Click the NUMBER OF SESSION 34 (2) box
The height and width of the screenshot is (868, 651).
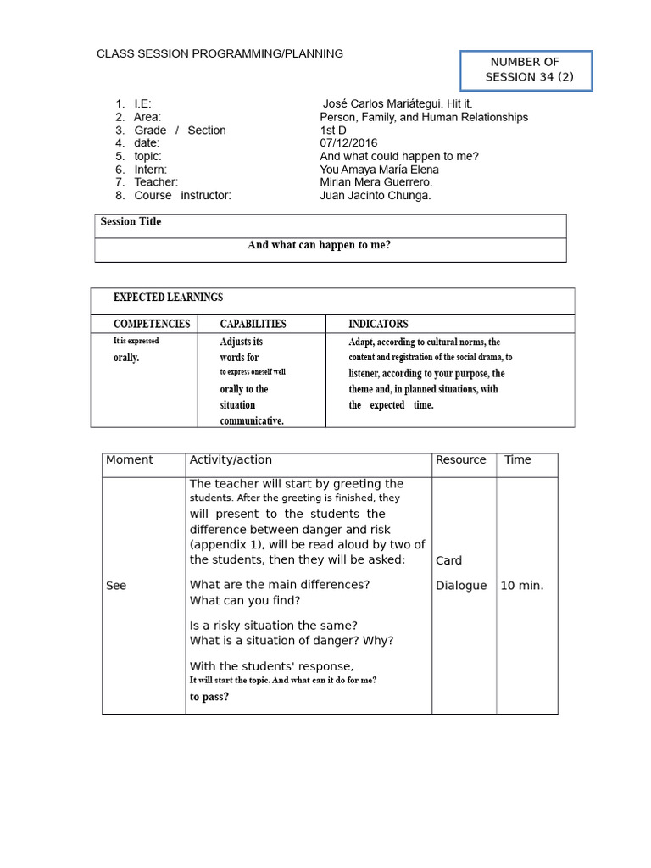point(526,70)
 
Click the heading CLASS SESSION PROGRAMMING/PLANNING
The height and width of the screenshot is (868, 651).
point(220,53)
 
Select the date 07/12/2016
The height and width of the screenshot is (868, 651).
point(348,143)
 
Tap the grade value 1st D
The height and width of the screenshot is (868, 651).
point(333,131)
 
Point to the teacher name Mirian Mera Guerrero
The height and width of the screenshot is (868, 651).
point(376,182)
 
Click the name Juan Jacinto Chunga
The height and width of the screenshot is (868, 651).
point(375,195)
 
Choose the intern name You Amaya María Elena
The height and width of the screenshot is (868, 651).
point(379,170)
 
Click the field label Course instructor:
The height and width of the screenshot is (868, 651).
point(182,195)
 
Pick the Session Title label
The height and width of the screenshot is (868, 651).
point(131,222)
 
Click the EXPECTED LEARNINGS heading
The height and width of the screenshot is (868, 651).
point(169,298)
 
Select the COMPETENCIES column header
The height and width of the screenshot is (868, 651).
point(152,324)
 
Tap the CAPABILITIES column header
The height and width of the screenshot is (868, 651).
point(253,324)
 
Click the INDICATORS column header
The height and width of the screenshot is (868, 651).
point(378,324)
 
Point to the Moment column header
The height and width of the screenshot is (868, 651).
point(130,460)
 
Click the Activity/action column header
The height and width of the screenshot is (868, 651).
point(231,460)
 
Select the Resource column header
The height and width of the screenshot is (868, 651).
point(460,460)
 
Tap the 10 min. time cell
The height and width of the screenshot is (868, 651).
point(522,586)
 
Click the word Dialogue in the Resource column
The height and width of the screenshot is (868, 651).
point(461,586)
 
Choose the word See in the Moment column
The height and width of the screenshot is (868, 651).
point(116,586)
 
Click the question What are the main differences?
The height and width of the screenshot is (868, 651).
point(280,585)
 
